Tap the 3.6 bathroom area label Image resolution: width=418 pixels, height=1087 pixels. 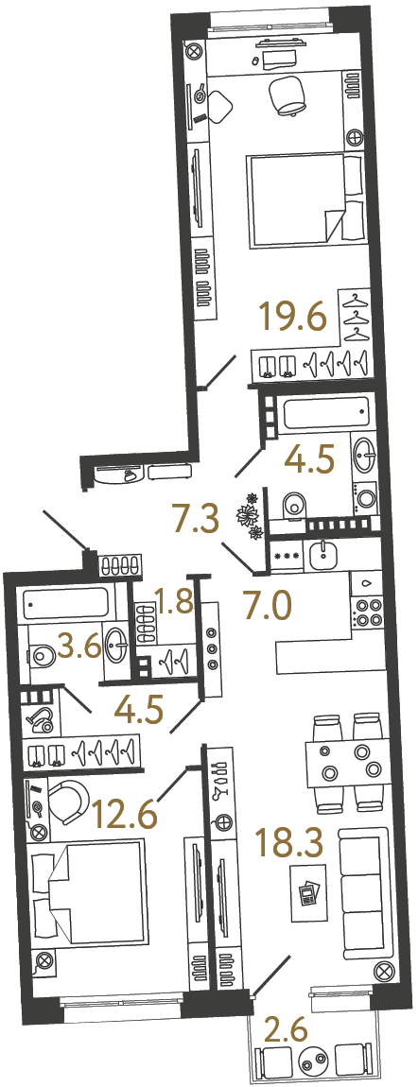coord(79,649)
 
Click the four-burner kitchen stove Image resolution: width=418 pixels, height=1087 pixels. coord(365,614)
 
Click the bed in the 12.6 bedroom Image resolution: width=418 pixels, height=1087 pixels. coord(88,891)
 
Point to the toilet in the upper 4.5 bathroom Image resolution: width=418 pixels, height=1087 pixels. coord(293,506)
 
